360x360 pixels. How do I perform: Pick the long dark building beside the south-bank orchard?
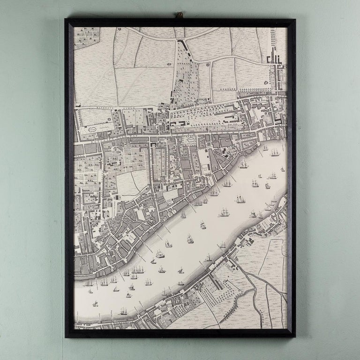pyautogui.click(x=214, y=281)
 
